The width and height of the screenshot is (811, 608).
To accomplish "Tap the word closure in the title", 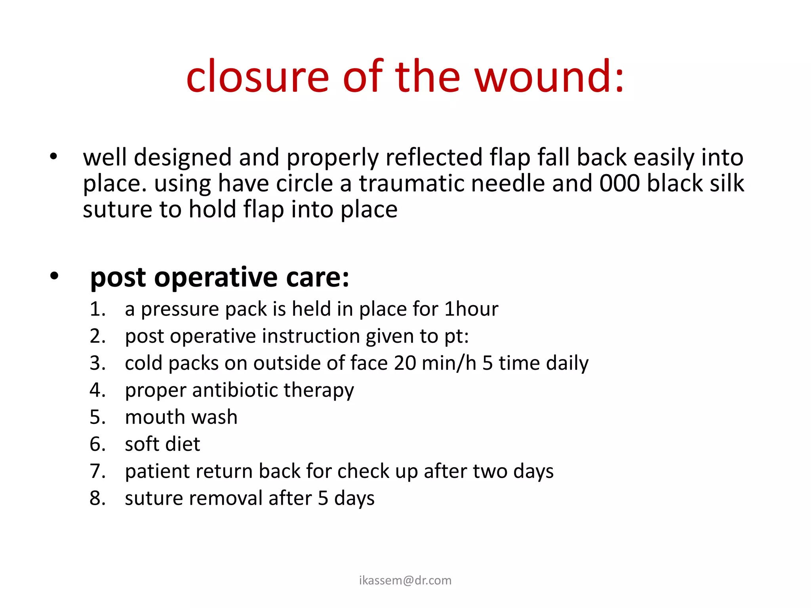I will pos(257,77).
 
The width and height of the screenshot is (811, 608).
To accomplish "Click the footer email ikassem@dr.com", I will pos(405,580).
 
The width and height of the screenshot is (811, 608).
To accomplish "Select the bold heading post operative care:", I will pos(220,277).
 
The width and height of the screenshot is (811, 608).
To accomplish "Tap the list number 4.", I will pos(97,390).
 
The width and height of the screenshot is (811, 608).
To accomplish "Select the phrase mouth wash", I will pos(181,417).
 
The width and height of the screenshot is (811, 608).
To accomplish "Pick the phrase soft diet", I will pos(162,444).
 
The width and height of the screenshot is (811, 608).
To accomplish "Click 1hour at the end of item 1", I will pos(471,309).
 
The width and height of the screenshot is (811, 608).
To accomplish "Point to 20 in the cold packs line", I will pos(405,363).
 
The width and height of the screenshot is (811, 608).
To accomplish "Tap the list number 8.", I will pos(97,498).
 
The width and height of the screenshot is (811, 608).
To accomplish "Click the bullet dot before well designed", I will pos(53,157).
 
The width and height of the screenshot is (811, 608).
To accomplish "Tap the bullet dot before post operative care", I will pos(54,276).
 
